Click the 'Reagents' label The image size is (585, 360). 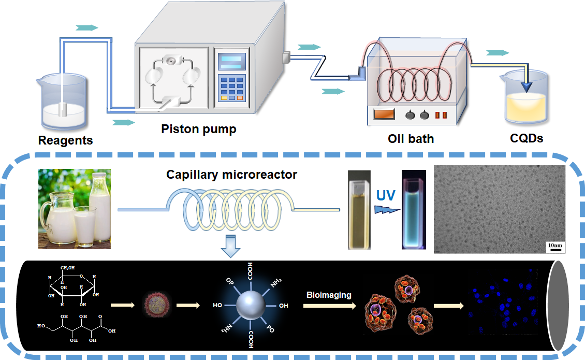[x=66, y=140]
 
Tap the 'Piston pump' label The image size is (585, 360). [x=198, y=129]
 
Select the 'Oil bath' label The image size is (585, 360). [x=411, y=139]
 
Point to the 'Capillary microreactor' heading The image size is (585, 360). [x=231, y=175]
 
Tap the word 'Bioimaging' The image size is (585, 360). [x=330, y=295]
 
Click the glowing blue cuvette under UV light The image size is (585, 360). [x=414, y=211]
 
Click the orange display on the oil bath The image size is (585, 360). [x=384, y=114]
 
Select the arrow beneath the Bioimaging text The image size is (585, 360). [x=329, y=306]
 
